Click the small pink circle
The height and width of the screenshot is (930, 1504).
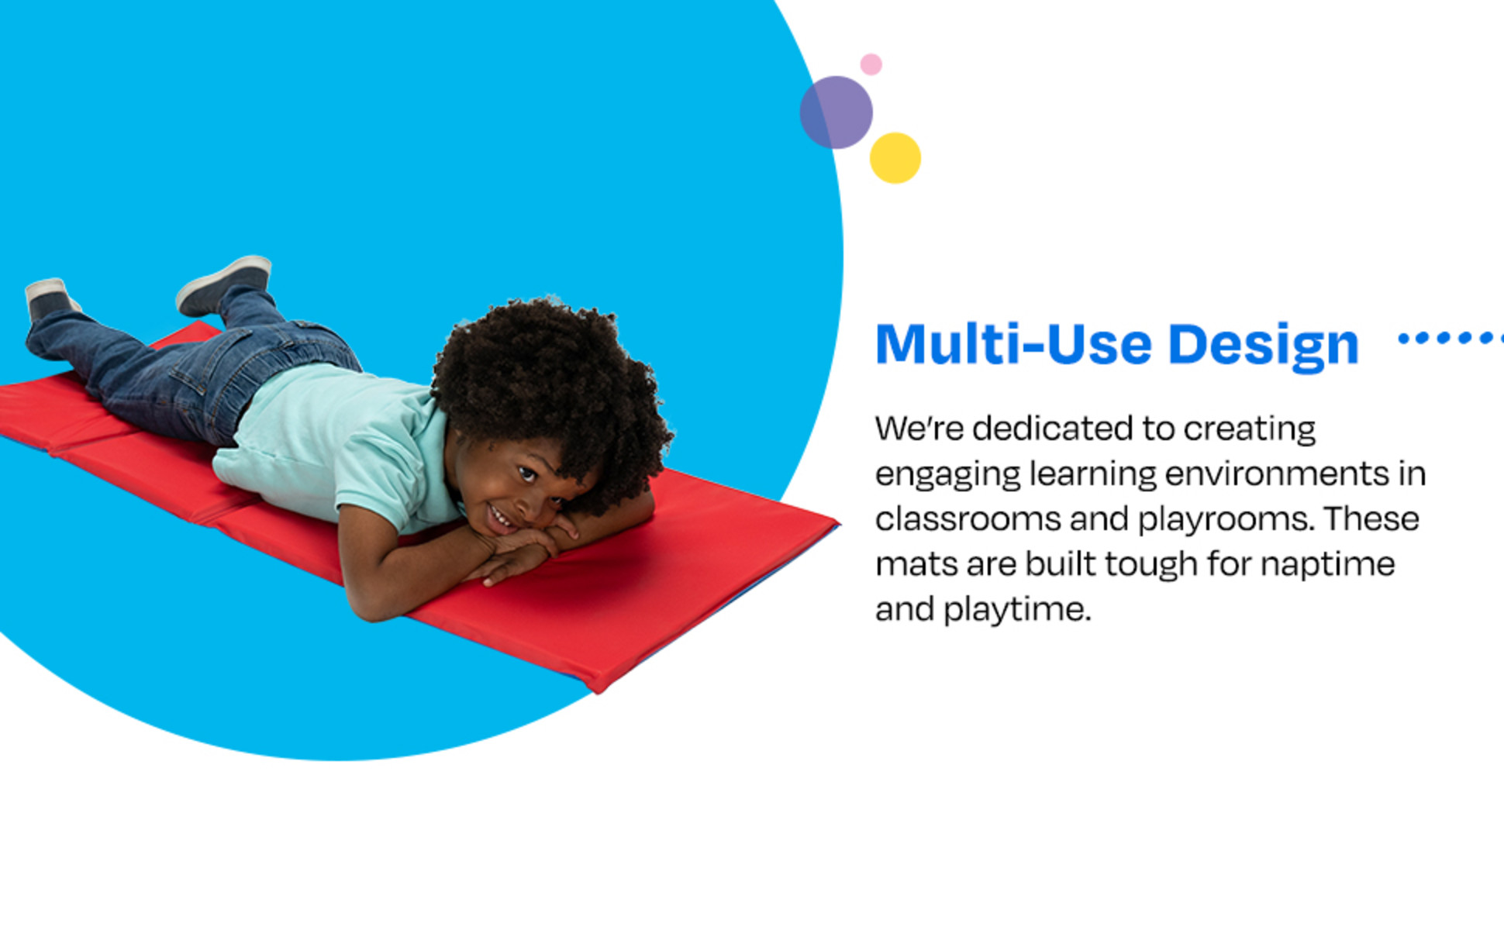pyautogui.click(x=871, y=64)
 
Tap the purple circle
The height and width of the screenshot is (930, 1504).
pyautogui.click(x=837, y=112)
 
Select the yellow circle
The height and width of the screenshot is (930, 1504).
pyautogui.click(x=895, y=158)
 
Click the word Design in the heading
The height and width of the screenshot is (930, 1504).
pyautogui.click(x=1264, y=346)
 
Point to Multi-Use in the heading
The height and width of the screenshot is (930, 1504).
pyautogui.click(x=1014, y=343)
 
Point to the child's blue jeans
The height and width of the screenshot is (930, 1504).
pyautogui.click(x=194, y=364)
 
